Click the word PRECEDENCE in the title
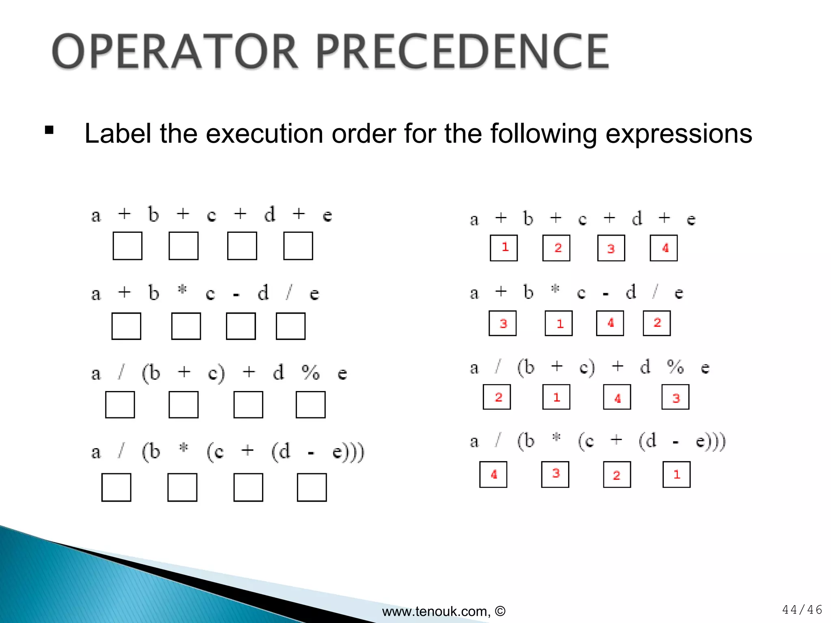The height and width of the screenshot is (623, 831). click(x=462, y=52)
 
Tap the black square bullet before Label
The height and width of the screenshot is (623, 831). click(x=49, y=130)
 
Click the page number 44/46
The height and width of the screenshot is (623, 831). click(x=802, y=610)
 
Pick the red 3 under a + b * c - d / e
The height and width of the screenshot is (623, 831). click(x=503, y=324)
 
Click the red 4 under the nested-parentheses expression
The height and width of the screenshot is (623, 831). click(x=494, y=475)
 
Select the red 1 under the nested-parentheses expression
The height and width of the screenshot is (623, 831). click(x=676, y=475)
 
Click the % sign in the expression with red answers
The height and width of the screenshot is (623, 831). click(x=676, y=367)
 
